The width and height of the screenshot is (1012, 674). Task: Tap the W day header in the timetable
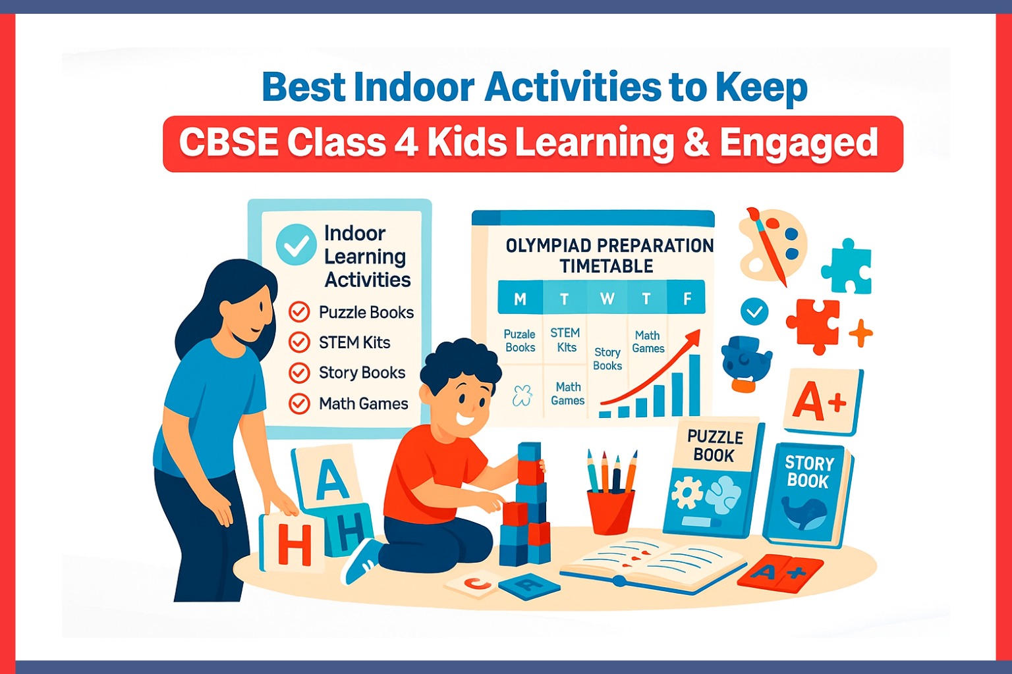coord(607,299)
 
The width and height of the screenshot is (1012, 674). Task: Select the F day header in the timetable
coord(687,299)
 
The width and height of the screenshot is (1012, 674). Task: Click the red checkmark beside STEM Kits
coord(299,342)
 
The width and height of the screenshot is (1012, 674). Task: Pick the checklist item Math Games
coord(363,403)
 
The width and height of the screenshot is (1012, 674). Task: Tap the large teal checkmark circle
coord(296,244)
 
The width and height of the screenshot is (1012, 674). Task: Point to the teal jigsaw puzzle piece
coord(848,267)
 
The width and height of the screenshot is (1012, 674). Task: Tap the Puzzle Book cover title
coord(715,446)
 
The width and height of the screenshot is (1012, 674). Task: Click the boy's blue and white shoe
coord(360,561)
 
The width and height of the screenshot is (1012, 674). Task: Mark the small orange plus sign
coord(860,334)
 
